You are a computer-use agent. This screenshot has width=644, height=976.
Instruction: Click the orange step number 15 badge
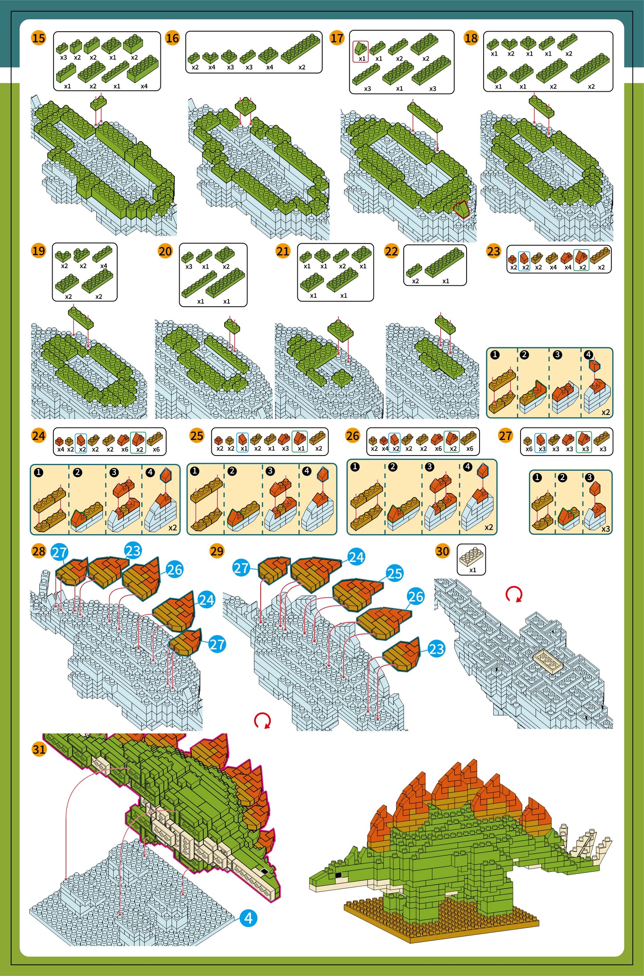[38, 38]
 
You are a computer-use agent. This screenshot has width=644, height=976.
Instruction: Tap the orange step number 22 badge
[391, 251]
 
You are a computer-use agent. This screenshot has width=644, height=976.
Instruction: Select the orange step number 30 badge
[442, 551]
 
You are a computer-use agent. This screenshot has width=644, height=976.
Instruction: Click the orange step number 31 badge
[39, 749]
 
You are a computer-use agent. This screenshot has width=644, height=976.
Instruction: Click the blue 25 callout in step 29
[395, 574]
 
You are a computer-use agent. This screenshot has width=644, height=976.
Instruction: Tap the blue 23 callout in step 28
[133, 551]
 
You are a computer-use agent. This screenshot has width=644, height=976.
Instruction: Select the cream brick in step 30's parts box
[472, 556]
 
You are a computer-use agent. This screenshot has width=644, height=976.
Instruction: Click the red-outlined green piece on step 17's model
[462, 208]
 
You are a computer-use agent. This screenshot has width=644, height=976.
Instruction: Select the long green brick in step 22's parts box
[444, 261]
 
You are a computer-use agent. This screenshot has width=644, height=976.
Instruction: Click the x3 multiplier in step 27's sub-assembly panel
[606, 529]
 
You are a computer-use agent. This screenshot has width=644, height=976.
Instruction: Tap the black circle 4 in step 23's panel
[589, 355]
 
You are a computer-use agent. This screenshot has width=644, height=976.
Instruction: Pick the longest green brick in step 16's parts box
[300, 49]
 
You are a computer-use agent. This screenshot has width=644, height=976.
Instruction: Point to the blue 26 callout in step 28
[175, 569]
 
